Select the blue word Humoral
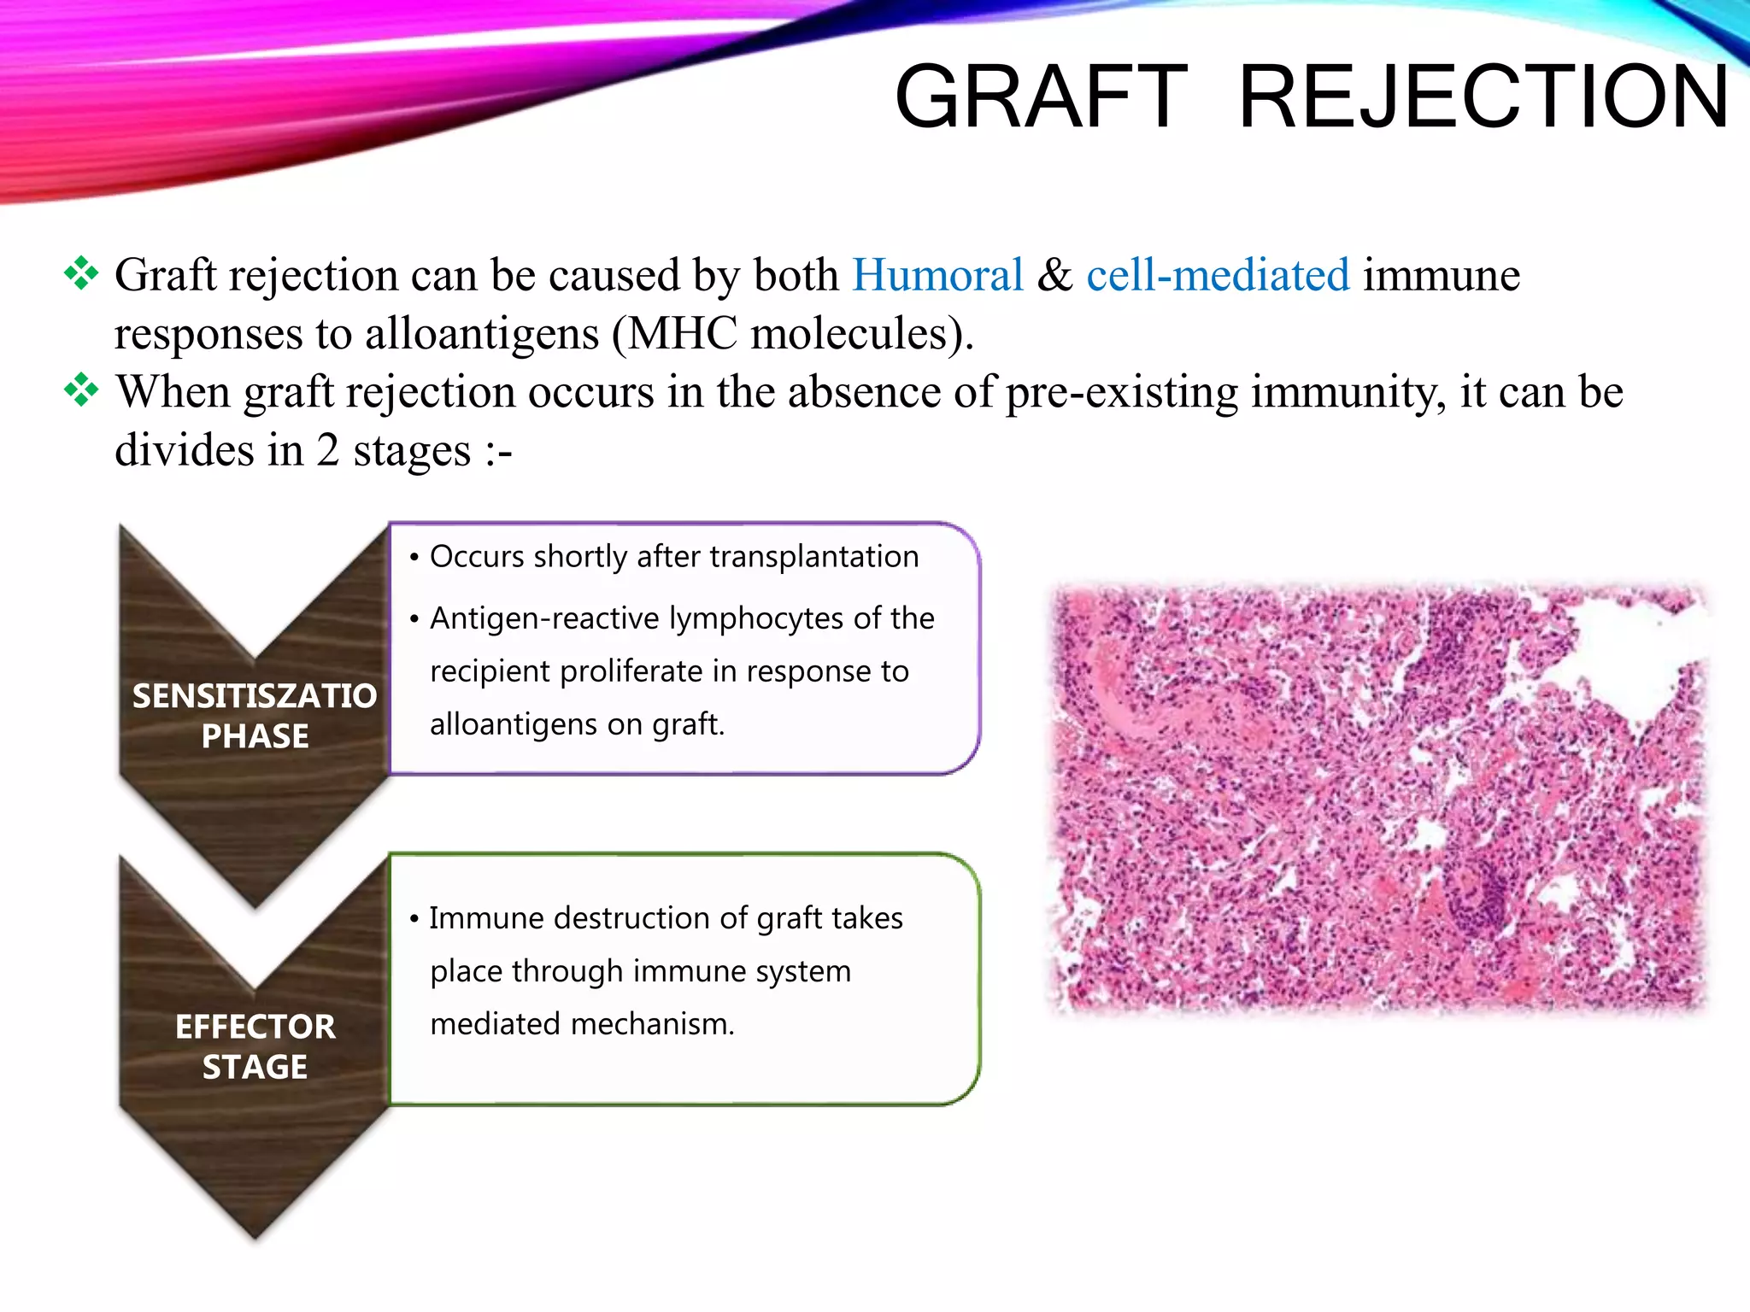pyautogui.click(x=937, y=275)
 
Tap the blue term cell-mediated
pyautogui.click(x=1218, y=275)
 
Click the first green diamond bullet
pyautogui.click(x=81, y=273)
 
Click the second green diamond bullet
pyautogui.click(x=81, y=390)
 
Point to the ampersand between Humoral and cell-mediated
pyautogui.click(x=1054, y=275)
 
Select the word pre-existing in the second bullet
pyautogui.click(x=1121, y=392)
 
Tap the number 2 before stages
pyautogui.click(x=327, y=450)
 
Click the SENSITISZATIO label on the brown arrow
pyautogui.click(x=255, y=696)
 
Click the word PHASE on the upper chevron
pyautogui.click(x=255, y=736)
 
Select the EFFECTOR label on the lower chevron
pyautogui.click(x=255, y=1027)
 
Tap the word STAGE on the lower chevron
pyautogui.click(x=255, y=1067)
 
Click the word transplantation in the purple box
pyautogui.click(x=813, y=556)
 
